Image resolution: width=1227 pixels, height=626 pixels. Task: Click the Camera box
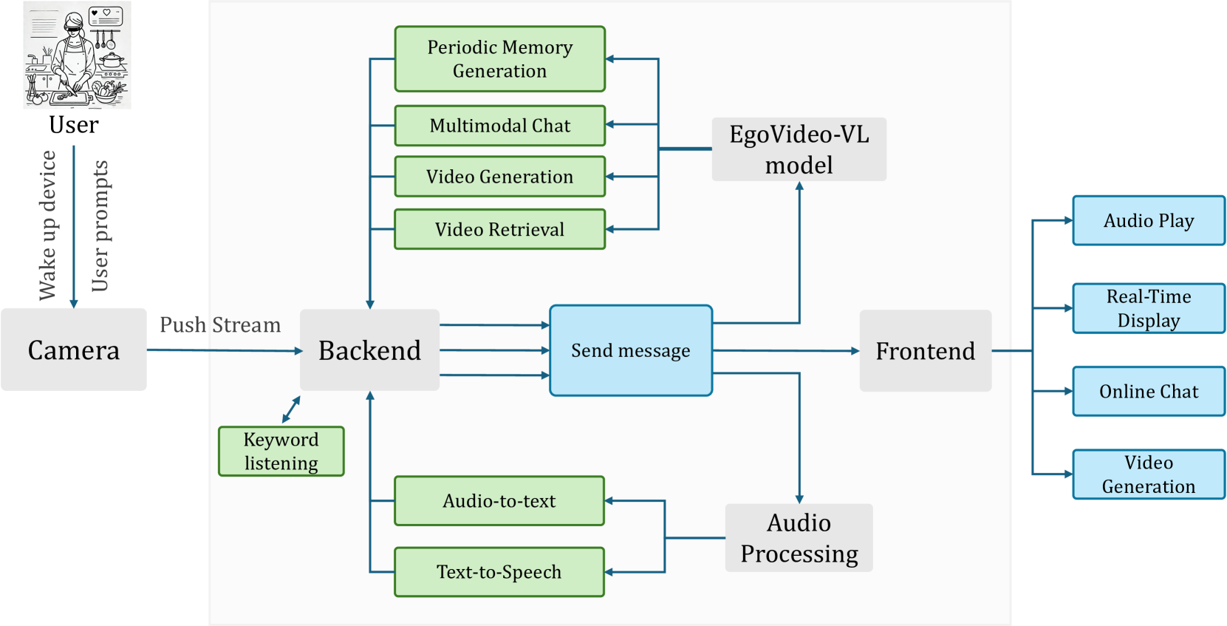pyautogui.click(x=73, y=350)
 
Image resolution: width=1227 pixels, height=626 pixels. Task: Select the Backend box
pyautogui.click(x=370, y=350)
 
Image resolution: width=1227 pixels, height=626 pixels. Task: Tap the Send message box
pyautogui.click(x=631, y=350)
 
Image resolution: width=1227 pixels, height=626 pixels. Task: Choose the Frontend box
pyautogui.click(x=925, y=351)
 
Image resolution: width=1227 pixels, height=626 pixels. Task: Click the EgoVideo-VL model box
pyautogui.click(x=799, y=149)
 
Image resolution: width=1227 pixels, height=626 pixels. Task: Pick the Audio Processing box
pyautogui.click(x=799, y=538)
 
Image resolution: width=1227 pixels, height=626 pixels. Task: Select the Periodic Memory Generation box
pyautogui.click(x=499, y=58)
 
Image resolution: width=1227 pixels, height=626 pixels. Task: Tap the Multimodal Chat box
pyautogui.click(x=499, y=126)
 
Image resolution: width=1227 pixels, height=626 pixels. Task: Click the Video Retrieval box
pyautogui.click(x=499, y=229)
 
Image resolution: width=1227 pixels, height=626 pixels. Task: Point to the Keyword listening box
pyautogui.click(x=281, y=451)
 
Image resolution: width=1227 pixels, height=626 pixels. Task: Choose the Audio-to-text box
pyautogui.click(x=499, y=500)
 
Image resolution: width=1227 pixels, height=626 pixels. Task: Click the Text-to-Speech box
pyautogui.click(x=499, y=572)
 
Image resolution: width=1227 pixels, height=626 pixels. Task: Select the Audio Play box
pyautogui.click(x=1149, y=220)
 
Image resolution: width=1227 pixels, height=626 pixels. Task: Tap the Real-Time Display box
pyautogui.click(x=1149, y=308)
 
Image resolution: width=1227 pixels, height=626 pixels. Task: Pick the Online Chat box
pyautogui.click(x=1149, y=392)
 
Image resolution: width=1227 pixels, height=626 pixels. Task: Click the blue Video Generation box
pyautogui.click(x=1149, y=474)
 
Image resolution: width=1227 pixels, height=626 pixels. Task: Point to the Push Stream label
pyautogui.click(x=220, y=324)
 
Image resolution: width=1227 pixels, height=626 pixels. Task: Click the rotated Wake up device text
pyautogui.click(x=48, y=225)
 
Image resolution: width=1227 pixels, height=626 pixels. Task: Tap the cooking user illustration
pyautogui.click(x=77, y=55)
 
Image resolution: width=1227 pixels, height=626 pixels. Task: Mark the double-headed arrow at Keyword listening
pyautogui.click(x=291, y=409)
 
